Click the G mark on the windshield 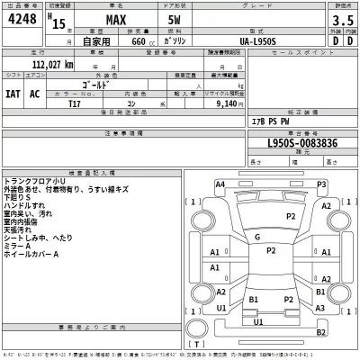(257, 238)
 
